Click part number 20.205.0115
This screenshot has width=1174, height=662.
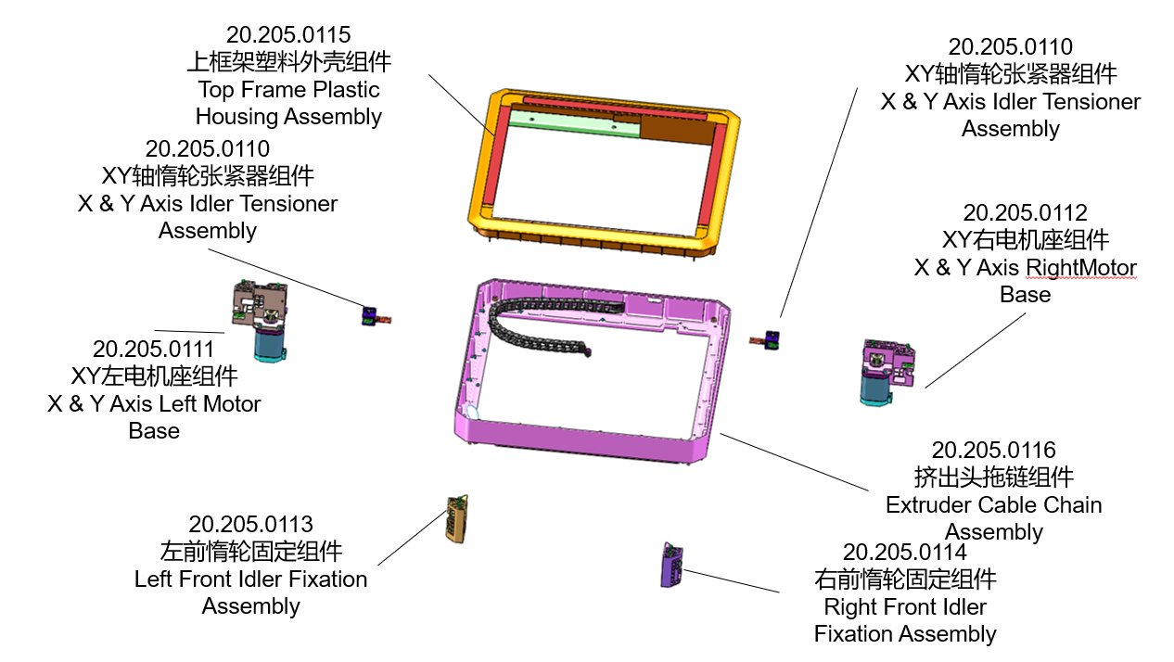(x=288, y=35)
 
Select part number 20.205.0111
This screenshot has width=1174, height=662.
(x=153, y=350)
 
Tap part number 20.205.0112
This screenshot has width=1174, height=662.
(x=1025, y=213)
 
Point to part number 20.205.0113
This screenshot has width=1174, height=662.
(x=250, y=525)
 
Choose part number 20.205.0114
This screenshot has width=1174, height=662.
(x=904, y=553)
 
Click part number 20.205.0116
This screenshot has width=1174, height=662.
(x=993, y=451)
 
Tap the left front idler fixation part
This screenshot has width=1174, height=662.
(x=455, y=516)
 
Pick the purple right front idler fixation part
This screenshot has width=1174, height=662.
(x=671, y=564)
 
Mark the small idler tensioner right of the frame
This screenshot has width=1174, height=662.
(x=769, y=339)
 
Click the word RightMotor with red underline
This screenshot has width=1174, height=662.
(x=1080, y=268)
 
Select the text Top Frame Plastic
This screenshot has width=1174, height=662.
(x=288, y=90)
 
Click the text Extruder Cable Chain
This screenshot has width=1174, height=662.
(x=993, y=505)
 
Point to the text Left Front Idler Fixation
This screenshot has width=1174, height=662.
(x=250, y=579)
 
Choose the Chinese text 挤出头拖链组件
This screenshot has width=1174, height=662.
(x=993, y=477)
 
